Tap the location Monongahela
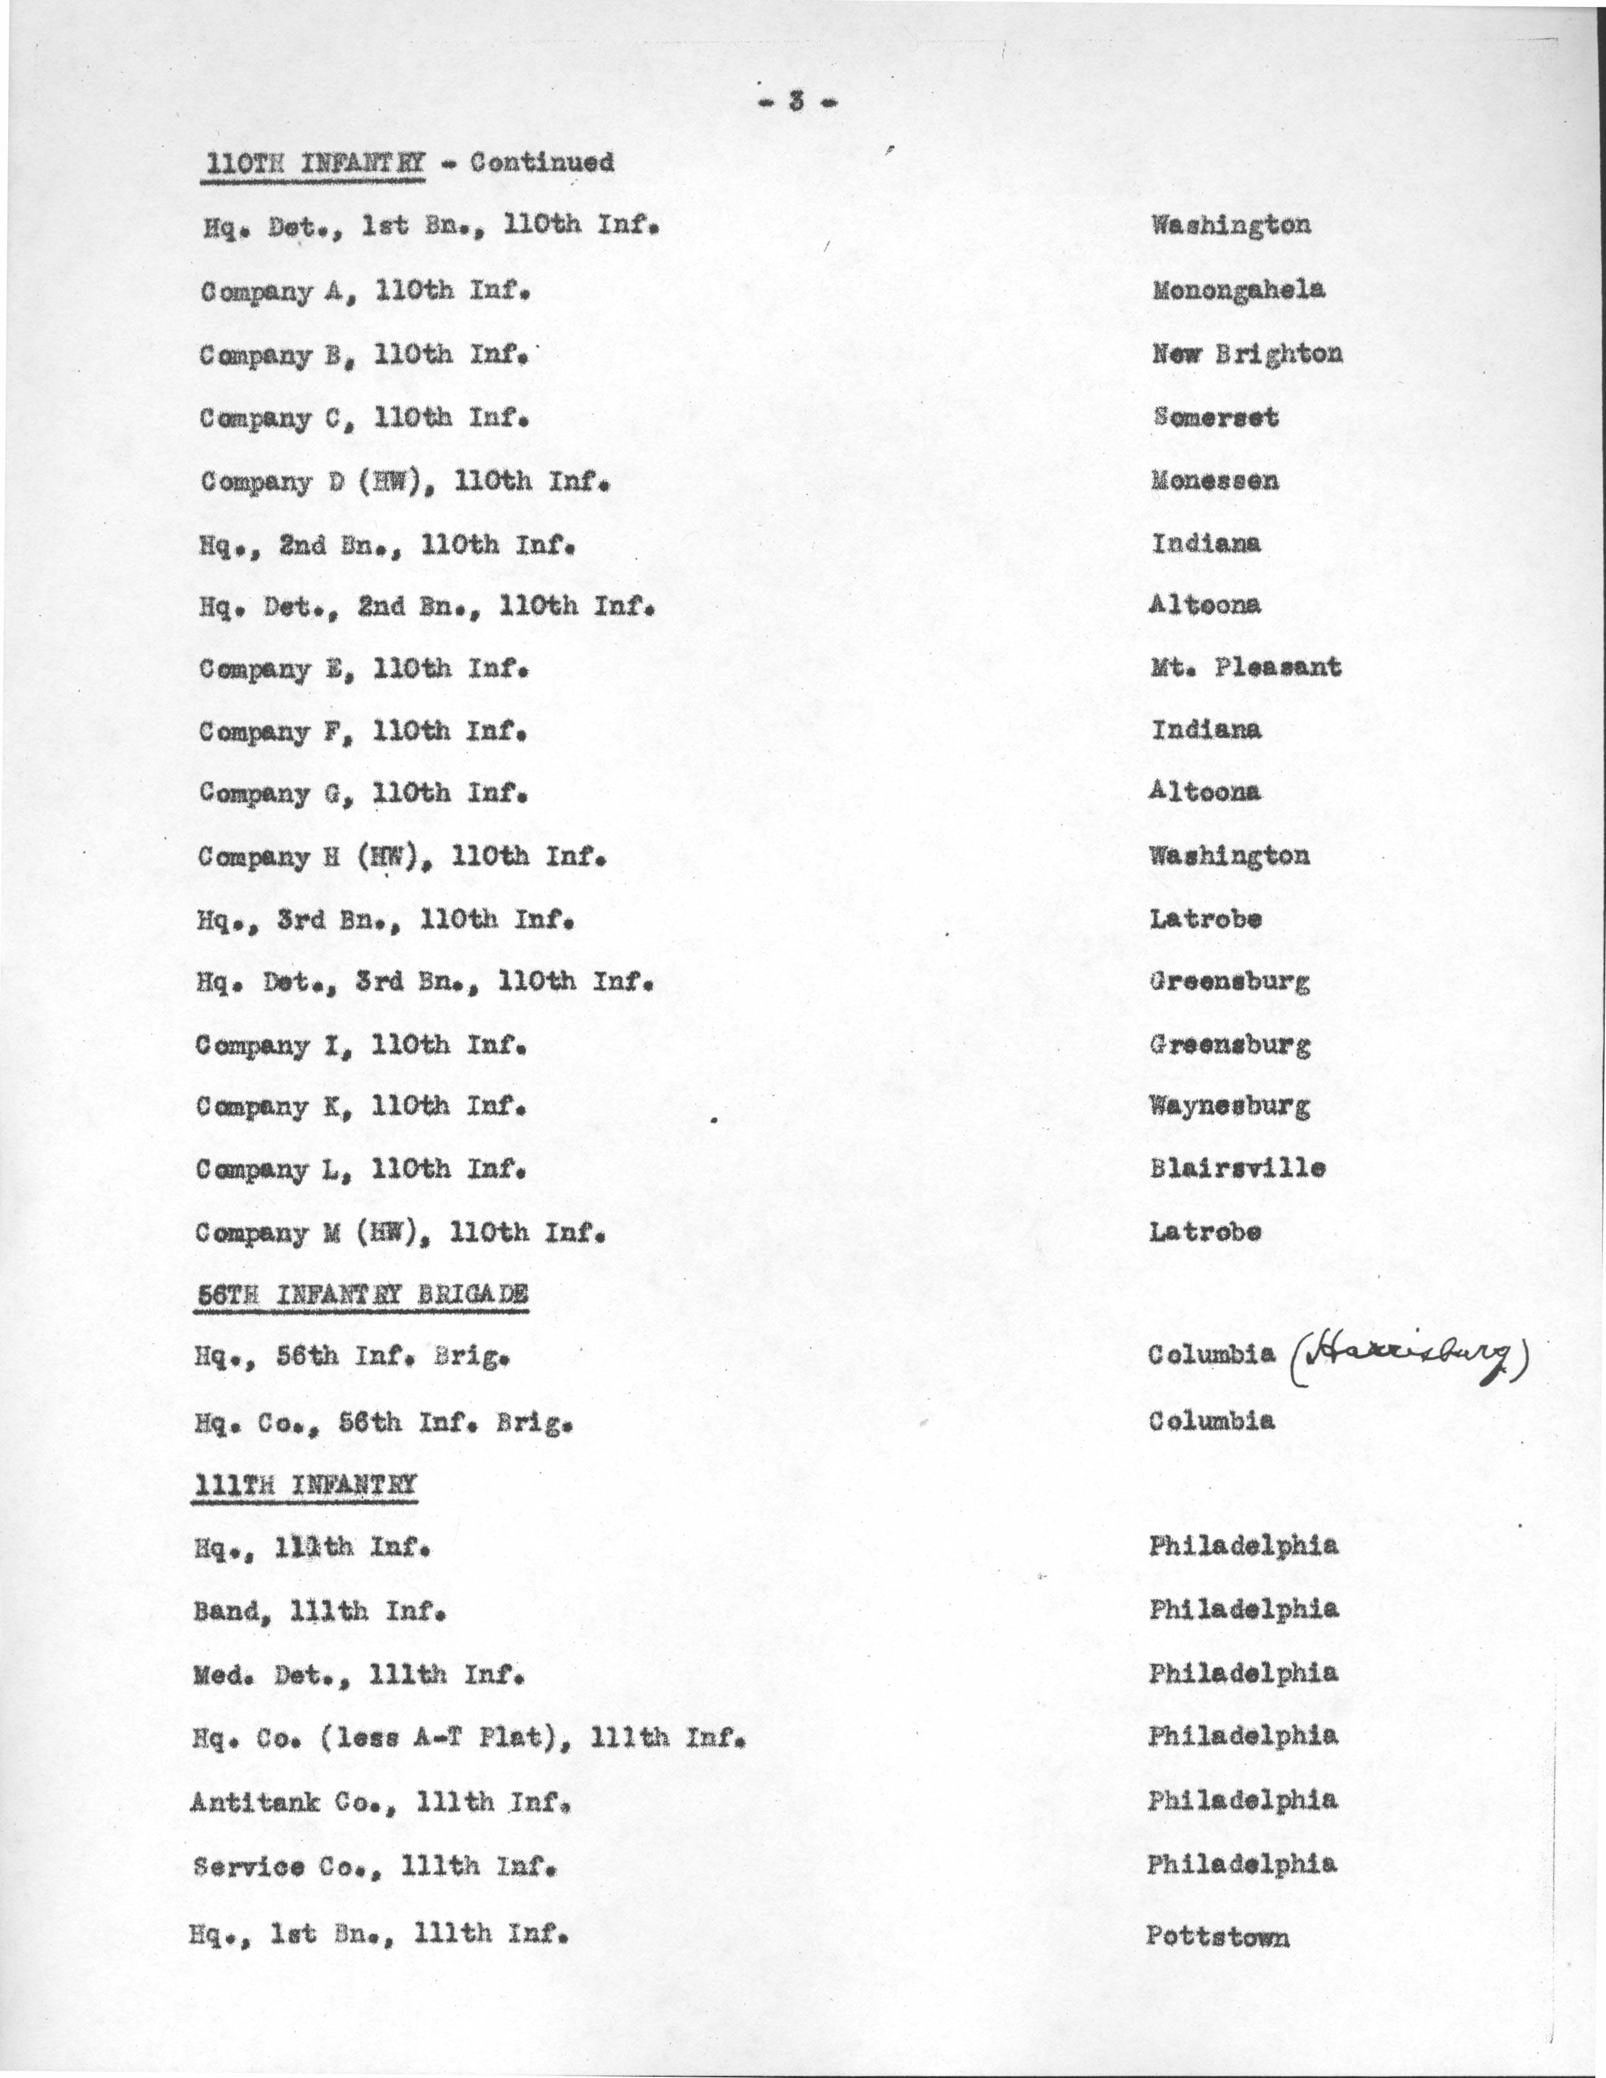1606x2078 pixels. pyautogui.click(x=1237, y=290)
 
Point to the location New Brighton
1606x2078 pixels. pyautogui.click(x=1246, y=354)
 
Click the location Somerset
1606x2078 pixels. pyautogui.click(x=1215, y=417)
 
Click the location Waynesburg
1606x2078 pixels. pyautogui.click(x=1229, y=1106)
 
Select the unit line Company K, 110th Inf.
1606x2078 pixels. pyautogui.click(x=361, y=1108)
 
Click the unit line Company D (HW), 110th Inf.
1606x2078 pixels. pyautogui.click(x=404, y=482)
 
